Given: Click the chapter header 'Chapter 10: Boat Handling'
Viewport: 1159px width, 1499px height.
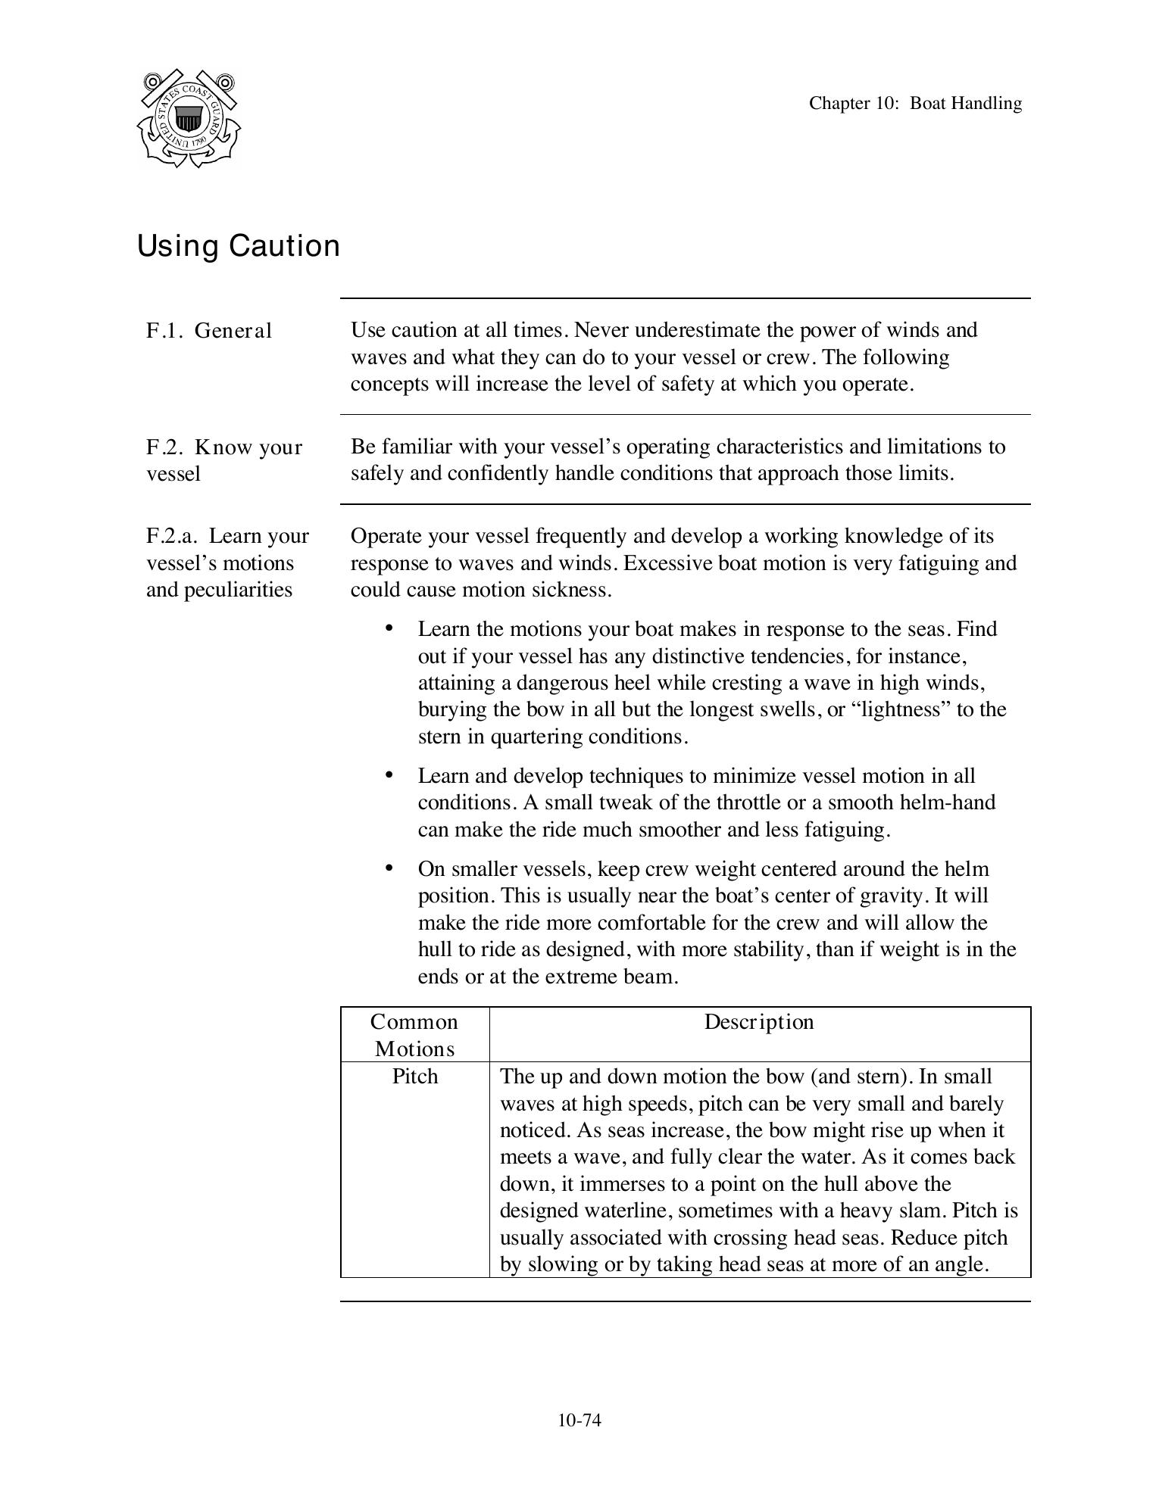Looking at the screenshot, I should click(x=914, y=103).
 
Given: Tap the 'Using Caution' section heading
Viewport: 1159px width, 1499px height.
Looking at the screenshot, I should click(x=238, y=246).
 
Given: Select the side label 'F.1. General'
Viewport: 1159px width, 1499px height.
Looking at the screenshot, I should click(x=208, y=331).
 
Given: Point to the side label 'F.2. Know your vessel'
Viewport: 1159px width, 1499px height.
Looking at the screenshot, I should click(x=223, y=460).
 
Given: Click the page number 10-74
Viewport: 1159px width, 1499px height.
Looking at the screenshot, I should click(x=579, y=1420).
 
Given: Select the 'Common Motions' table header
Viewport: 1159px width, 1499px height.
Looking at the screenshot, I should click(x=414, y=1035).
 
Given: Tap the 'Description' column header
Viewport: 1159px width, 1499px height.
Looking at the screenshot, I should click(x=759, y=1022).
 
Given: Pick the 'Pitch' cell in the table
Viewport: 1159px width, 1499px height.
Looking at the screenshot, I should click(x=414, y=1077).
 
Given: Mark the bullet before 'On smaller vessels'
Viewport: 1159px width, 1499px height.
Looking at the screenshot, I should click(x=389, y=868).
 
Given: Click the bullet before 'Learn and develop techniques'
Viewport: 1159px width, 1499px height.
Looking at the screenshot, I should click(x=389, y=774).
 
